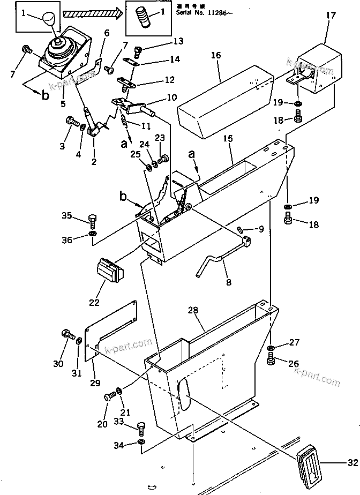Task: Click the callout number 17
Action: (331, 16)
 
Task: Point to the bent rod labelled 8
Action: (222, 258)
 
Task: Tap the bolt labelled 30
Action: (67, 336)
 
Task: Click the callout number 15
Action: (228, 138)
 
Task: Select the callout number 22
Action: (94, 302)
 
